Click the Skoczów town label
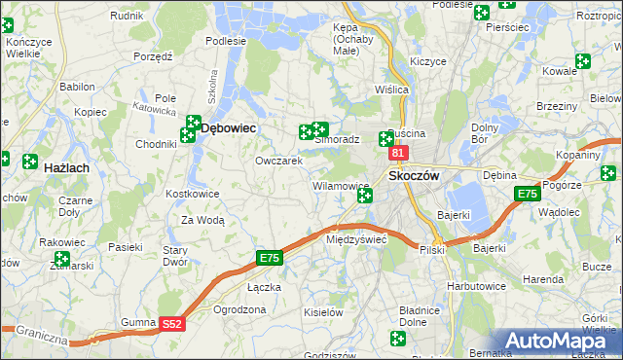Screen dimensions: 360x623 [416, 175]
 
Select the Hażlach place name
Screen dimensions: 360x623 [67, 168]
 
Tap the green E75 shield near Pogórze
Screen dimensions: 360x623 [527, 194]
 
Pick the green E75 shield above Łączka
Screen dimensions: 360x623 [270, 258]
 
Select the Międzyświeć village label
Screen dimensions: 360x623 [357, 238]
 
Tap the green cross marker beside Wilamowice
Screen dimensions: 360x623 [364, 197]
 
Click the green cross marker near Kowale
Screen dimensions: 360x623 [582, 61]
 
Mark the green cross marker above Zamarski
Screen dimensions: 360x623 [62, 259]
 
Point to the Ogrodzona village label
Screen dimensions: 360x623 [239, 309]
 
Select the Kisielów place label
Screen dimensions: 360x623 [324, 312]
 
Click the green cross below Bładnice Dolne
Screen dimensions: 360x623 [397, 339]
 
